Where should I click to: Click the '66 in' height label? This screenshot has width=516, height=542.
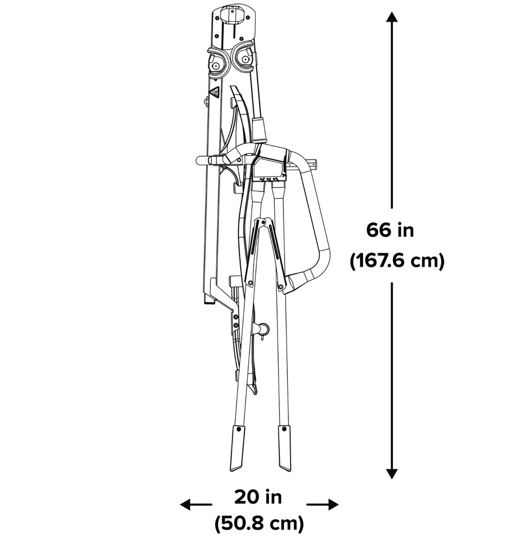[x=390, y=230]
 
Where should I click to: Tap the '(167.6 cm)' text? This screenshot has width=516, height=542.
[x=397, y=261]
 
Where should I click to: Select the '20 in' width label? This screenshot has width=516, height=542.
[x=258, y=498]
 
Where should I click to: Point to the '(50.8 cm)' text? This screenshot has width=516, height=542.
[x=259, y=524]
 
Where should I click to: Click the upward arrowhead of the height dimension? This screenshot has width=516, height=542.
[x=391, y=17]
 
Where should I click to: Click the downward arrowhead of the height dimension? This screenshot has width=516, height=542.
[x=391, y=474]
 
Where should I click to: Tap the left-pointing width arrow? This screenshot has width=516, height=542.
[x=196, y=504]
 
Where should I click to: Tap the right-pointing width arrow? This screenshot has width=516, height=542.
[x=322, y=505]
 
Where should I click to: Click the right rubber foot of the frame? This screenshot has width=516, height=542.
[x=285, y=448]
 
